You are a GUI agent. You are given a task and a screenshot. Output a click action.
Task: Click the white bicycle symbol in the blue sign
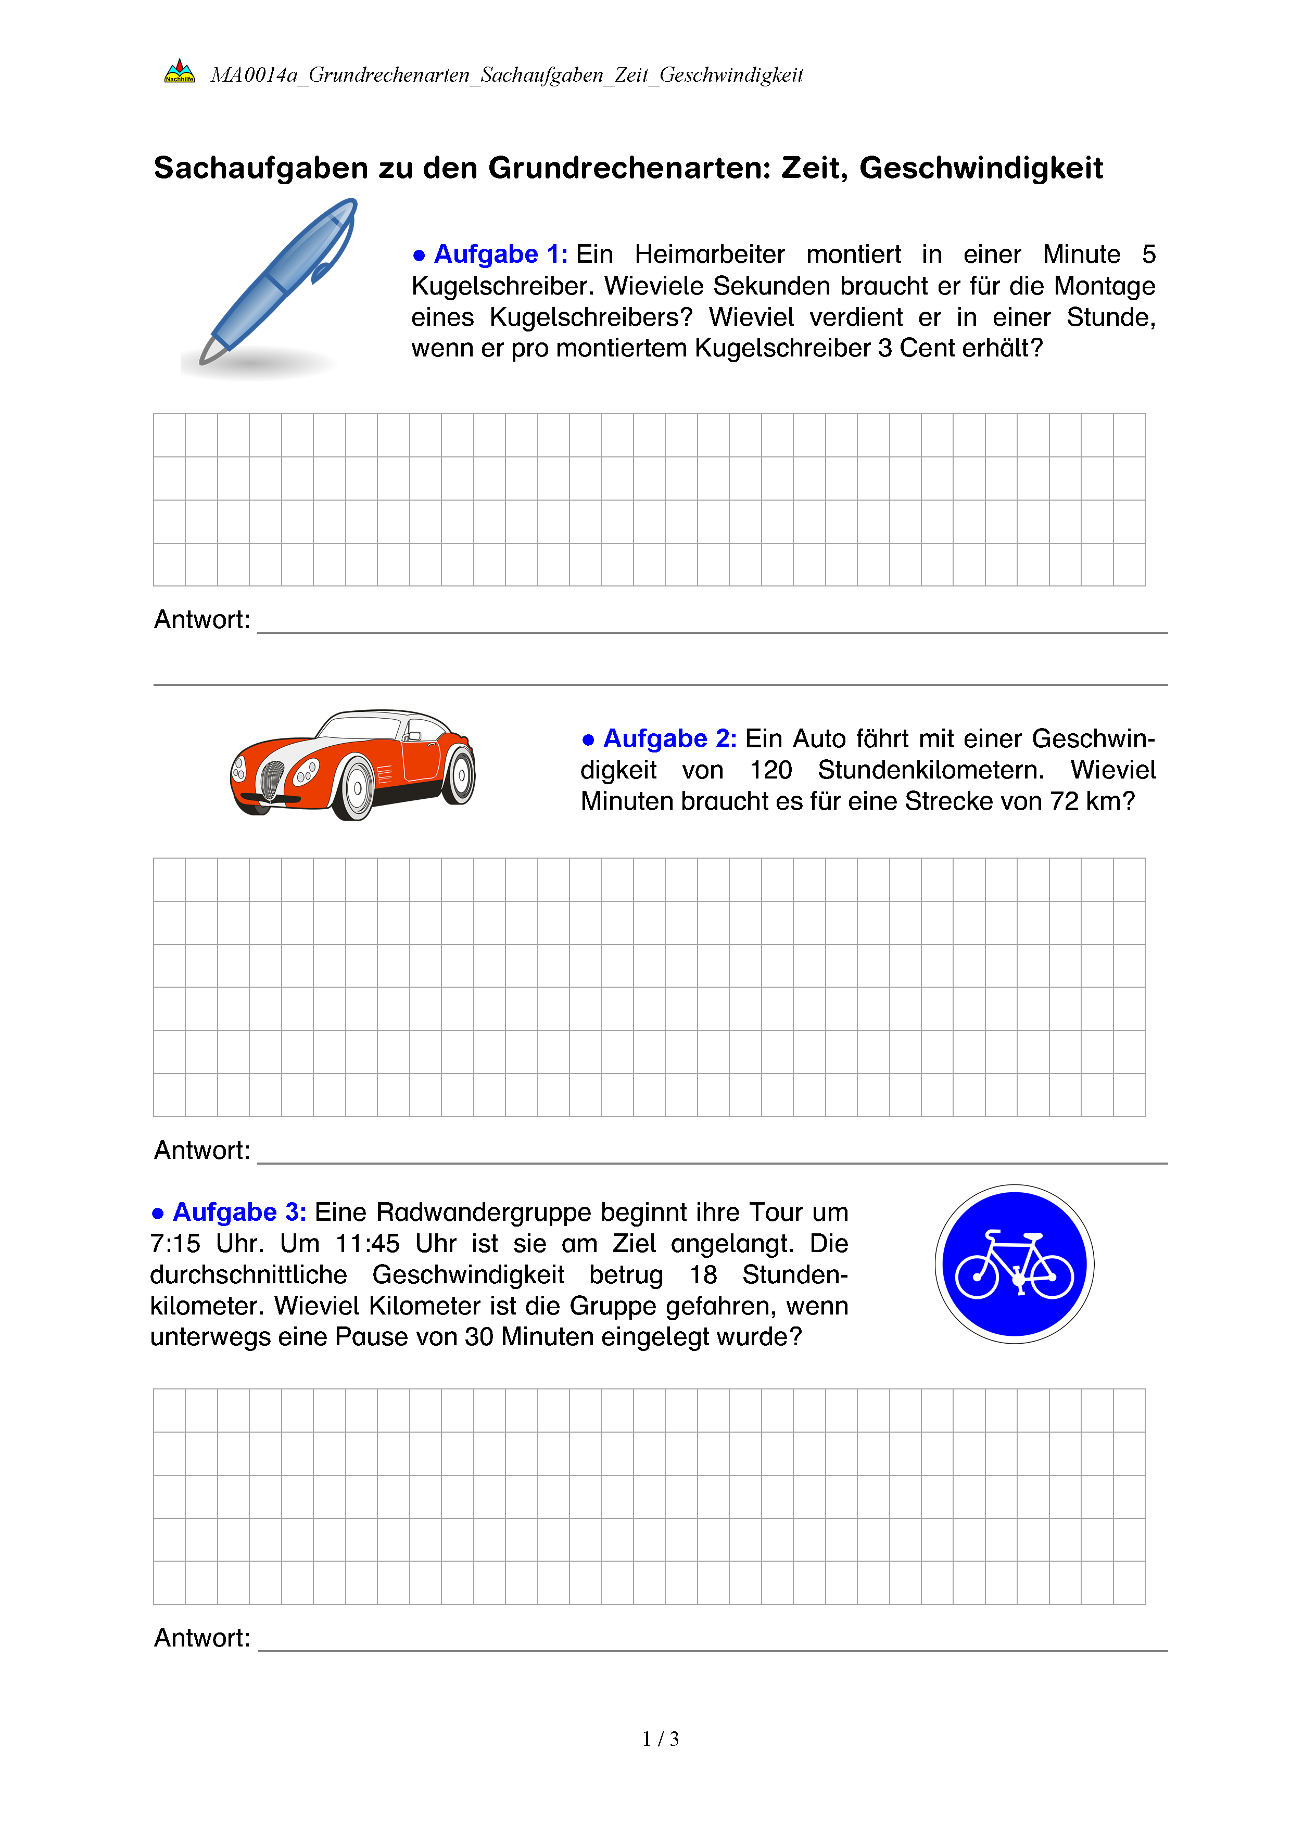(x=1015, y=1266)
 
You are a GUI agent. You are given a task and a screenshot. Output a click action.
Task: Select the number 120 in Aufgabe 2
(x=770, y=770)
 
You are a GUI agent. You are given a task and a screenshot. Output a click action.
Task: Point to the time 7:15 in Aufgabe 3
(x=175, y=1244)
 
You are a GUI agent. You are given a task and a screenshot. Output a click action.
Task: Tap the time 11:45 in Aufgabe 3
(x=368, y=1244)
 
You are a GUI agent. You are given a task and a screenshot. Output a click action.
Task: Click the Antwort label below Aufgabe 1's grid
(x=202, y=619)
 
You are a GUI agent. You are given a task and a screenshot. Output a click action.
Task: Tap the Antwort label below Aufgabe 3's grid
(x=202, y=1638)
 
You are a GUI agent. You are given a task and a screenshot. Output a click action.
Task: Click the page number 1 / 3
(x=661, y=1739)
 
